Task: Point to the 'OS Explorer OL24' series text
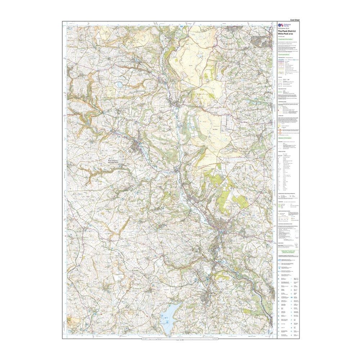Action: point(283,28)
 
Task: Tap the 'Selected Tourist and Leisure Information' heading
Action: point(288,252)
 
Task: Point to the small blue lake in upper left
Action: point(119,85)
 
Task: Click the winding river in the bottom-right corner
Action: point(265,299)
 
